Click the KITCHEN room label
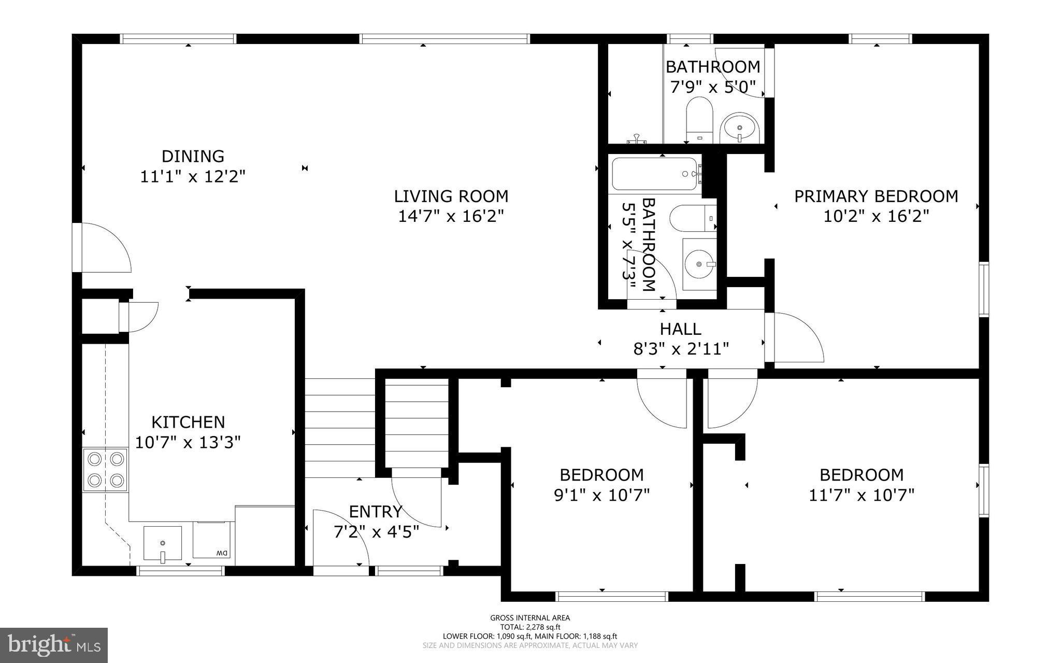(188, 422)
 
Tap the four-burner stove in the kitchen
(105, 470)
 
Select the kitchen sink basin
(163, 543)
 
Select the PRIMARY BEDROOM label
(876, 196)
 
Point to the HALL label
(680, 329)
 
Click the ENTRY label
(376, 512)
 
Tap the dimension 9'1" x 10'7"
(601, 495)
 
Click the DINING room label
(193, 156)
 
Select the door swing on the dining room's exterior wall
(106, 248)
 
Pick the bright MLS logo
(54, 645)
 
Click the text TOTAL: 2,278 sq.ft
(530, 627)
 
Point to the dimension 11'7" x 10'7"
(861, 495)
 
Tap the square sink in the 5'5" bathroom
(699, 264)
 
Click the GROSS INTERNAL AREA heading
(530, 617)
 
